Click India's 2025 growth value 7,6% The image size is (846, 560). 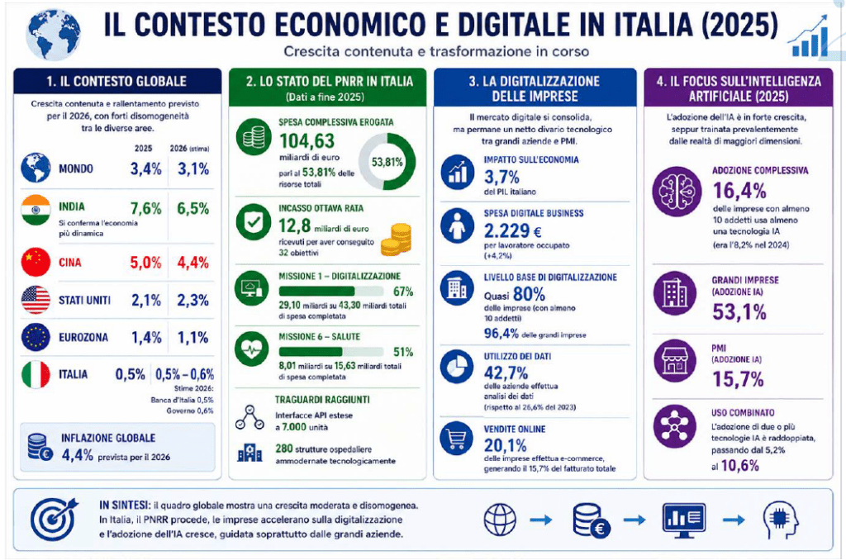[145, 208]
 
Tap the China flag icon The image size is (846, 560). [36, 262]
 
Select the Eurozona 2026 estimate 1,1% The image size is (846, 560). [193, 338]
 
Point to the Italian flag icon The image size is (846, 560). [36, 374]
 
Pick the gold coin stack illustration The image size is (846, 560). [397, 239]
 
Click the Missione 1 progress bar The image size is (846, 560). [330, 292]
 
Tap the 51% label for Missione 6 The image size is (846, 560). [403, 353]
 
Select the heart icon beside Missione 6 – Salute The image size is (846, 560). [251, 349]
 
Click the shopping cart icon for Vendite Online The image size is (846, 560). [456, 438]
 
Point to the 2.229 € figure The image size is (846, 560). [512, 231]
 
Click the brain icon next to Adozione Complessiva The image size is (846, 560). [677, 192]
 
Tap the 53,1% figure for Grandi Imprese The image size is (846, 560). [739, 312]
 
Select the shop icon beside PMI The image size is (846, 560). [674, 360]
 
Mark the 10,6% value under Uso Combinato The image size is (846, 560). [739, 466]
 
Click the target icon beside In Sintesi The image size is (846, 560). [54, 519]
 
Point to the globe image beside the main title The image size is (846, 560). [53, 34]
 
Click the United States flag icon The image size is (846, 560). [36, 300]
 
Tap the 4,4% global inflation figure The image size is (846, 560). [77, 455]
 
